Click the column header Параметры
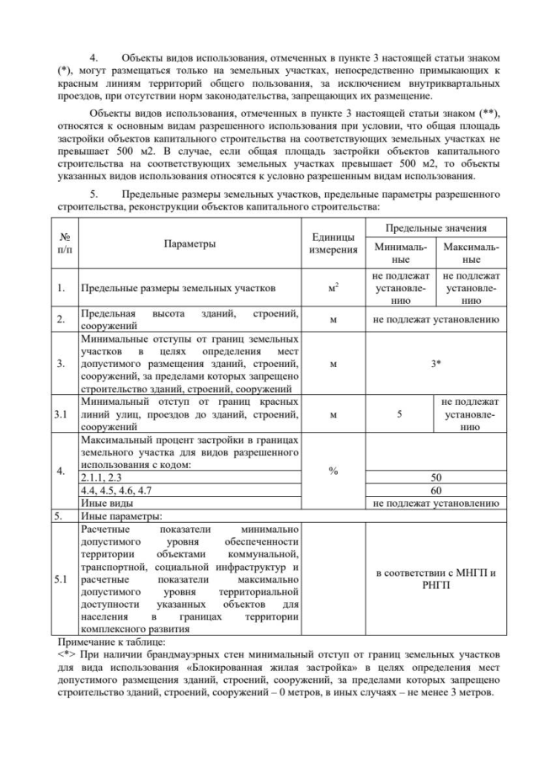(x=189, y=244)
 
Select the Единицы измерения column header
(x=333, y=244)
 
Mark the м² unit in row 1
(x=333, y=288)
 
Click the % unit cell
(x=333, y=470)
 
